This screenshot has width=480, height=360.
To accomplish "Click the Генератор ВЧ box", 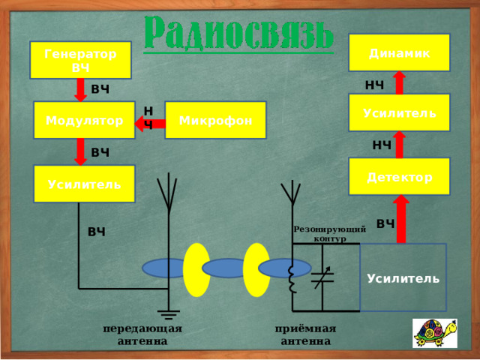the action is point(80,60).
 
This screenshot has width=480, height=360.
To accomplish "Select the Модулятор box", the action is point(84,120).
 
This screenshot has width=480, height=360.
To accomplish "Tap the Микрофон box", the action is point(215,120).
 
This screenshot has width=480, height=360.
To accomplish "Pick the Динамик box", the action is point(399,52).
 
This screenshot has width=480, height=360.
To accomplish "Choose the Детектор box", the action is point(399,176).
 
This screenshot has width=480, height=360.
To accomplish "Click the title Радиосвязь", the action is point(238,33).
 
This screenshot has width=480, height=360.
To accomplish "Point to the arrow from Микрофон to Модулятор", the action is point(150,124).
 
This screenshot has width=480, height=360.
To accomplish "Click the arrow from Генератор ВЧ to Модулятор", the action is point(80,90).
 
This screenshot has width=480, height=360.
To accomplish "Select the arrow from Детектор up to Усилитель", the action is point(400,145).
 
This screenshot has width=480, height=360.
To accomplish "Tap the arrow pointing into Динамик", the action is point(400,82).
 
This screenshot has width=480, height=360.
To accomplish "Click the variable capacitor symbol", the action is point(322,277).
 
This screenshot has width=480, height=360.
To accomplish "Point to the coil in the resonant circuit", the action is point(293,280).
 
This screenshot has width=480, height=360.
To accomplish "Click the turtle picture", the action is point(435,333).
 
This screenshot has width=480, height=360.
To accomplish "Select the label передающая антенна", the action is point(142,335).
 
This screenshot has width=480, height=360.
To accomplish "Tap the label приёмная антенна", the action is point(305,335).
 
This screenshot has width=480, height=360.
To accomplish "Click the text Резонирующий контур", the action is point(330,233).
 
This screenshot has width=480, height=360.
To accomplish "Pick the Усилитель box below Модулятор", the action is point(84,184).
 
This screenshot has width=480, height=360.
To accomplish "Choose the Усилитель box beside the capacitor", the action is point(403,277).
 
